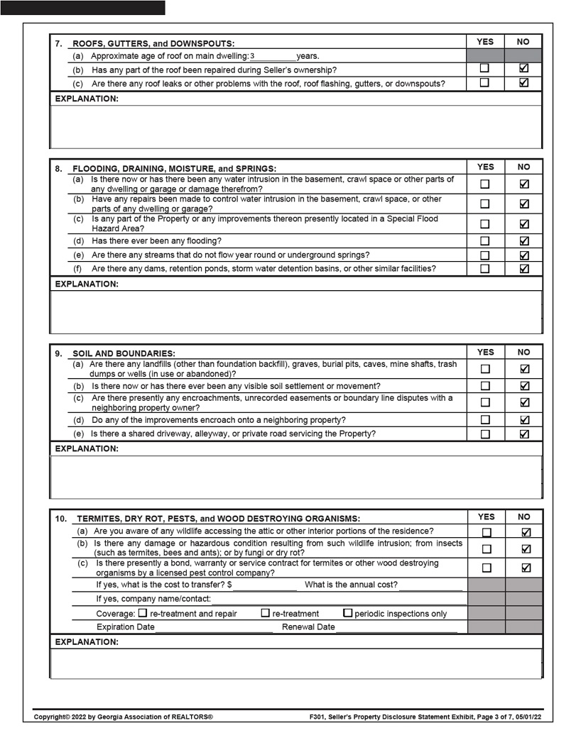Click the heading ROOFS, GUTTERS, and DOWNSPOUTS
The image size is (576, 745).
(x=153, y=43)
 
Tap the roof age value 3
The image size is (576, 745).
(x=252, y=56)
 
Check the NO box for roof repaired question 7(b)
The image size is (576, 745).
(x=523, y=69)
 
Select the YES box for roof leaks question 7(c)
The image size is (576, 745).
(x=484, y=83)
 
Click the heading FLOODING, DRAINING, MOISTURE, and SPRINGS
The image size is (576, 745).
(x=175, y=169)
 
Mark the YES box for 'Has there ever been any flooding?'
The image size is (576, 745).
(x=484, y=241)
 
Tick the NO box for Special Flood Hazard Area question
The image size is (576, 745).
(x=523, y=223)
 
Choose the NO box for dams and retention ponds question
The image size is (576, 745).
(x=523, y=268)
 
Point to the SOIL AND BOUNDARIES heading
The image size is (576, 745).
(x=124, y=353)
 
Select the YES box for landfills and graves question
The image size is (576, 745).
(x=485, y=368)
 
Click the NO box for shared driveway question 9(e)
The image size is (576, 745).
(x=524, y=434)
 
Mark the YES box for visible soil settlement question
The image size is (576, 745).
(x=485, y=386)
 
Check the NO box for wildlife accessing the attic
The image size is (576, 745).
(x=526, y=531)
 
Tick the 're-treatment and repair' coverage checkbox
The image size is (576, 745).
(x=143, y=613)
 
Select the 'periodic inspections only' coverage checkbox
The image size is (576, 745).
(x=347, y=613)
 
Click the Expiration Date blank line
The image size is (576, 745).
(x=213, y=627)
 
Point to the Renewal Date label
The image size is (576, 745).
(x=308, y=627)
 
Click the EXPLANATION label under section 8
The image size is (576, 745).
(x=87, y=284)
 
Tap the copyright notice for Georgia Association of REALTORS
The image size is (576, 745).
(x=124, y=717)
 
